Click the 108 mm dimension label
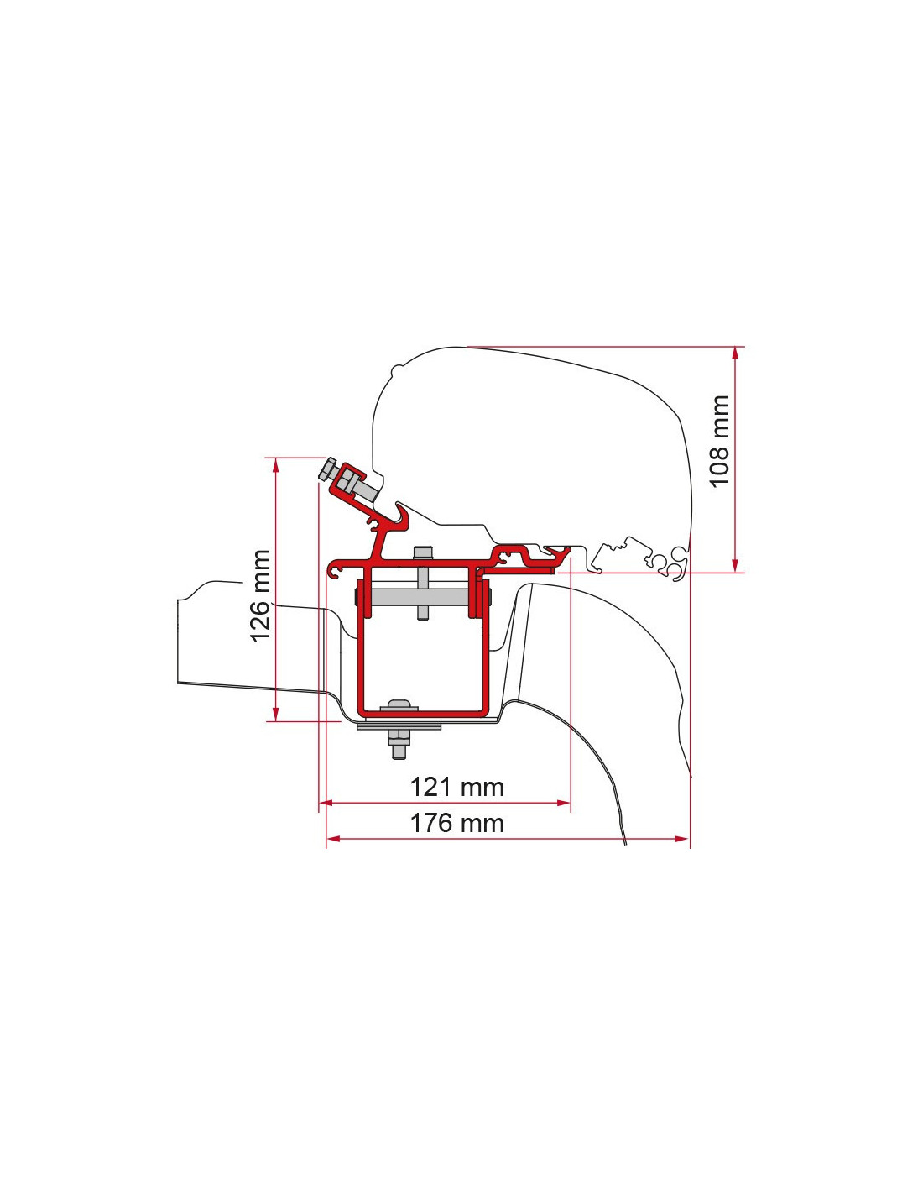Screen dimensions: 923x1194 click(719, 441)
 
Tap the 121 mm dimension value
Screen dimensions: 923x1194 click(456, 787)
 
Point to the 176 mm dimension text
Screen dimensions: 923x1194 click(456, 823)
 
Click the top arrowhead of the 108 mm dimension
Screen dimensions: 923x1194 click(735, 353)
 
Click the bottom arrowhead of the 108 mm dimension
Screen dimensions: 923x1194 click(735, 565)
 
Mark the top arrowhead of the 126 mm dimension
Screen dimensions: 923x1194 click(275, 464)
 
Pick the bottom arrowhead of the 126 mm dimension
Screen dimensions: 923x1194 click(275, 713)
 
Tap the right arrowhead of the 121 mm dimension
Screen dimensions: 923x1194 click(563, 803)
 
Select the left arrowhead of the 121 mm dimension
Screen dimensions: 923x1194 click(326, 803)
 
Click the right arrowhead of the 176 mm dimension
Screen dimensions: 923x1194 click(682, 839)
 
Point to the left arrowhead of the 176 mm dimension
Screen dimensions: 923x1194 click(334, 839)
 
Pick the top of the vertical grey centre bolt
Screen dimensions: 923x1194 click(422, 552)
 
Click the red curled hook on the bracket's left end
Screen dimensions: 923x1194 click(335, 570)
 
